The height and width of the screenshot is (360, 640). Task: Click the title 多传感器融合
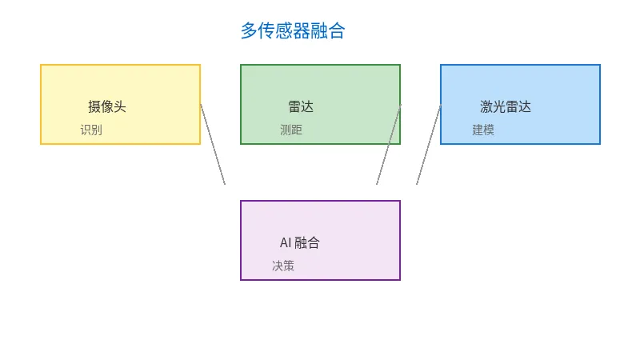[293, 31]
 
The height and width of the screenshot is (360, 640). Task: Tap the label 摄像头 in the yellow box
[107, 106]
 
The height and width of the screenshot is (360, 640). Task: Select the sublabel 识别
[91, 130]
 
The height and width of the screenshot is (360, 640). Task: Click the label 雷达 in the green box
[301, 106]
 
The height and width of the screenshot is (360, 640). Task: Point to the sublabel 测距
[291, 130]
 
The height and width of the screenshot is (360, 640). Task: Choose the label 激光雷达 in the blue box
[506, 106]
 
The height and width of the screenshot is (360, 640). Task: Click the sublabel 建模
[483, 130]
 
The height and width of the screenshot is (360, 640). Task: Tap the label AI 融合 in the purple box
[300, 243]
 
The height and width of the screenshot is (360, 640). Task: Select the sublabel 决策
[283, 266]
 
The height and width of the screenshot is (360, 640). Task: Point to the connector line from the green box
[388, 145]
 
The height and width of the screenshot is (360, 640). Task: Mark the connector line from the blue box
[428, 145]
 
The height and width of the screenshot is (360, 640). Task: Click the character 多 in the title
[250, 31]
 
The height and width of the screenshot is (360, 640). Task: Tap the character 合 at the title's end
[337, 31]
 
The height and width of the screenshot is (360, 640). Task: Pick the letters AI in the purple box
[286, 243]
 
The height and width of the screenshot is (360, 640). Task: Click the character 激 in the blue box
[486, 106]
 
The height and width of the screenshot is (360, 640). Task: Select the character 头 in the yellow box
[120, 106]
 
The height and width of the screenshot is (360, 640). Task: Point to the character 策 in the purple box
[289, 266]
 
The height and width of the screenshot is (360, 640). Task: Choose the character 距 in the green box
[297, 130]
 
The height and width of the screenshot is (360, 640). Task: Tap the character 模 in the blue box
[489, 130]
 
